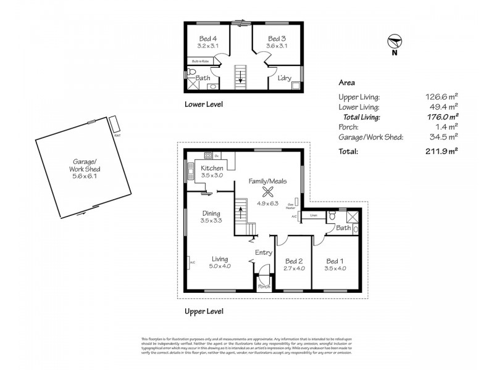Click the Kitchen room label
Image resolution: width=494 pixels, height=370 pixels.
pyautogui.click(x=211, y=168)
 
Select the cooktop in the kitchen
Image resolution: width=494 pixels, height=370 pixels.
pyautogui.click(x=208, y=155)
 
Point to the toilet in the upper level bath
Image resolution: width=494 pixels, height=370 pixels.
pyautogui.click(x=333, y=216)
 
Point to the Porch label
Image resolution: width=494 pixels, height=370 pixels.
pyautogui.click(x=264, y=287)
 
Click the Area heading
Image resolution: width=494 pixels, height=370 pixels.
pyautogui.click(x=346, y=82)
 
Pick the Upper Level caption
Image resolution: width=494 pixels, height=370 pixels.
pyautogui.click(x=204, y=311)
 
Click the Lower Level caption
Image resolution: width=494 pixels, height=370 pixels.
pyautogui.click(x=204, y=104)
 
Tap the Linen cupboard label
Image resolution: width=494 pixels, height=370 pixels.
pyautogui.click(x=314, y=215)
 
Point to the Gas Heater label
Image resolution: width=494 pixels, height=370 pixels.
pyautogui.click(x=290, y=207)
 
